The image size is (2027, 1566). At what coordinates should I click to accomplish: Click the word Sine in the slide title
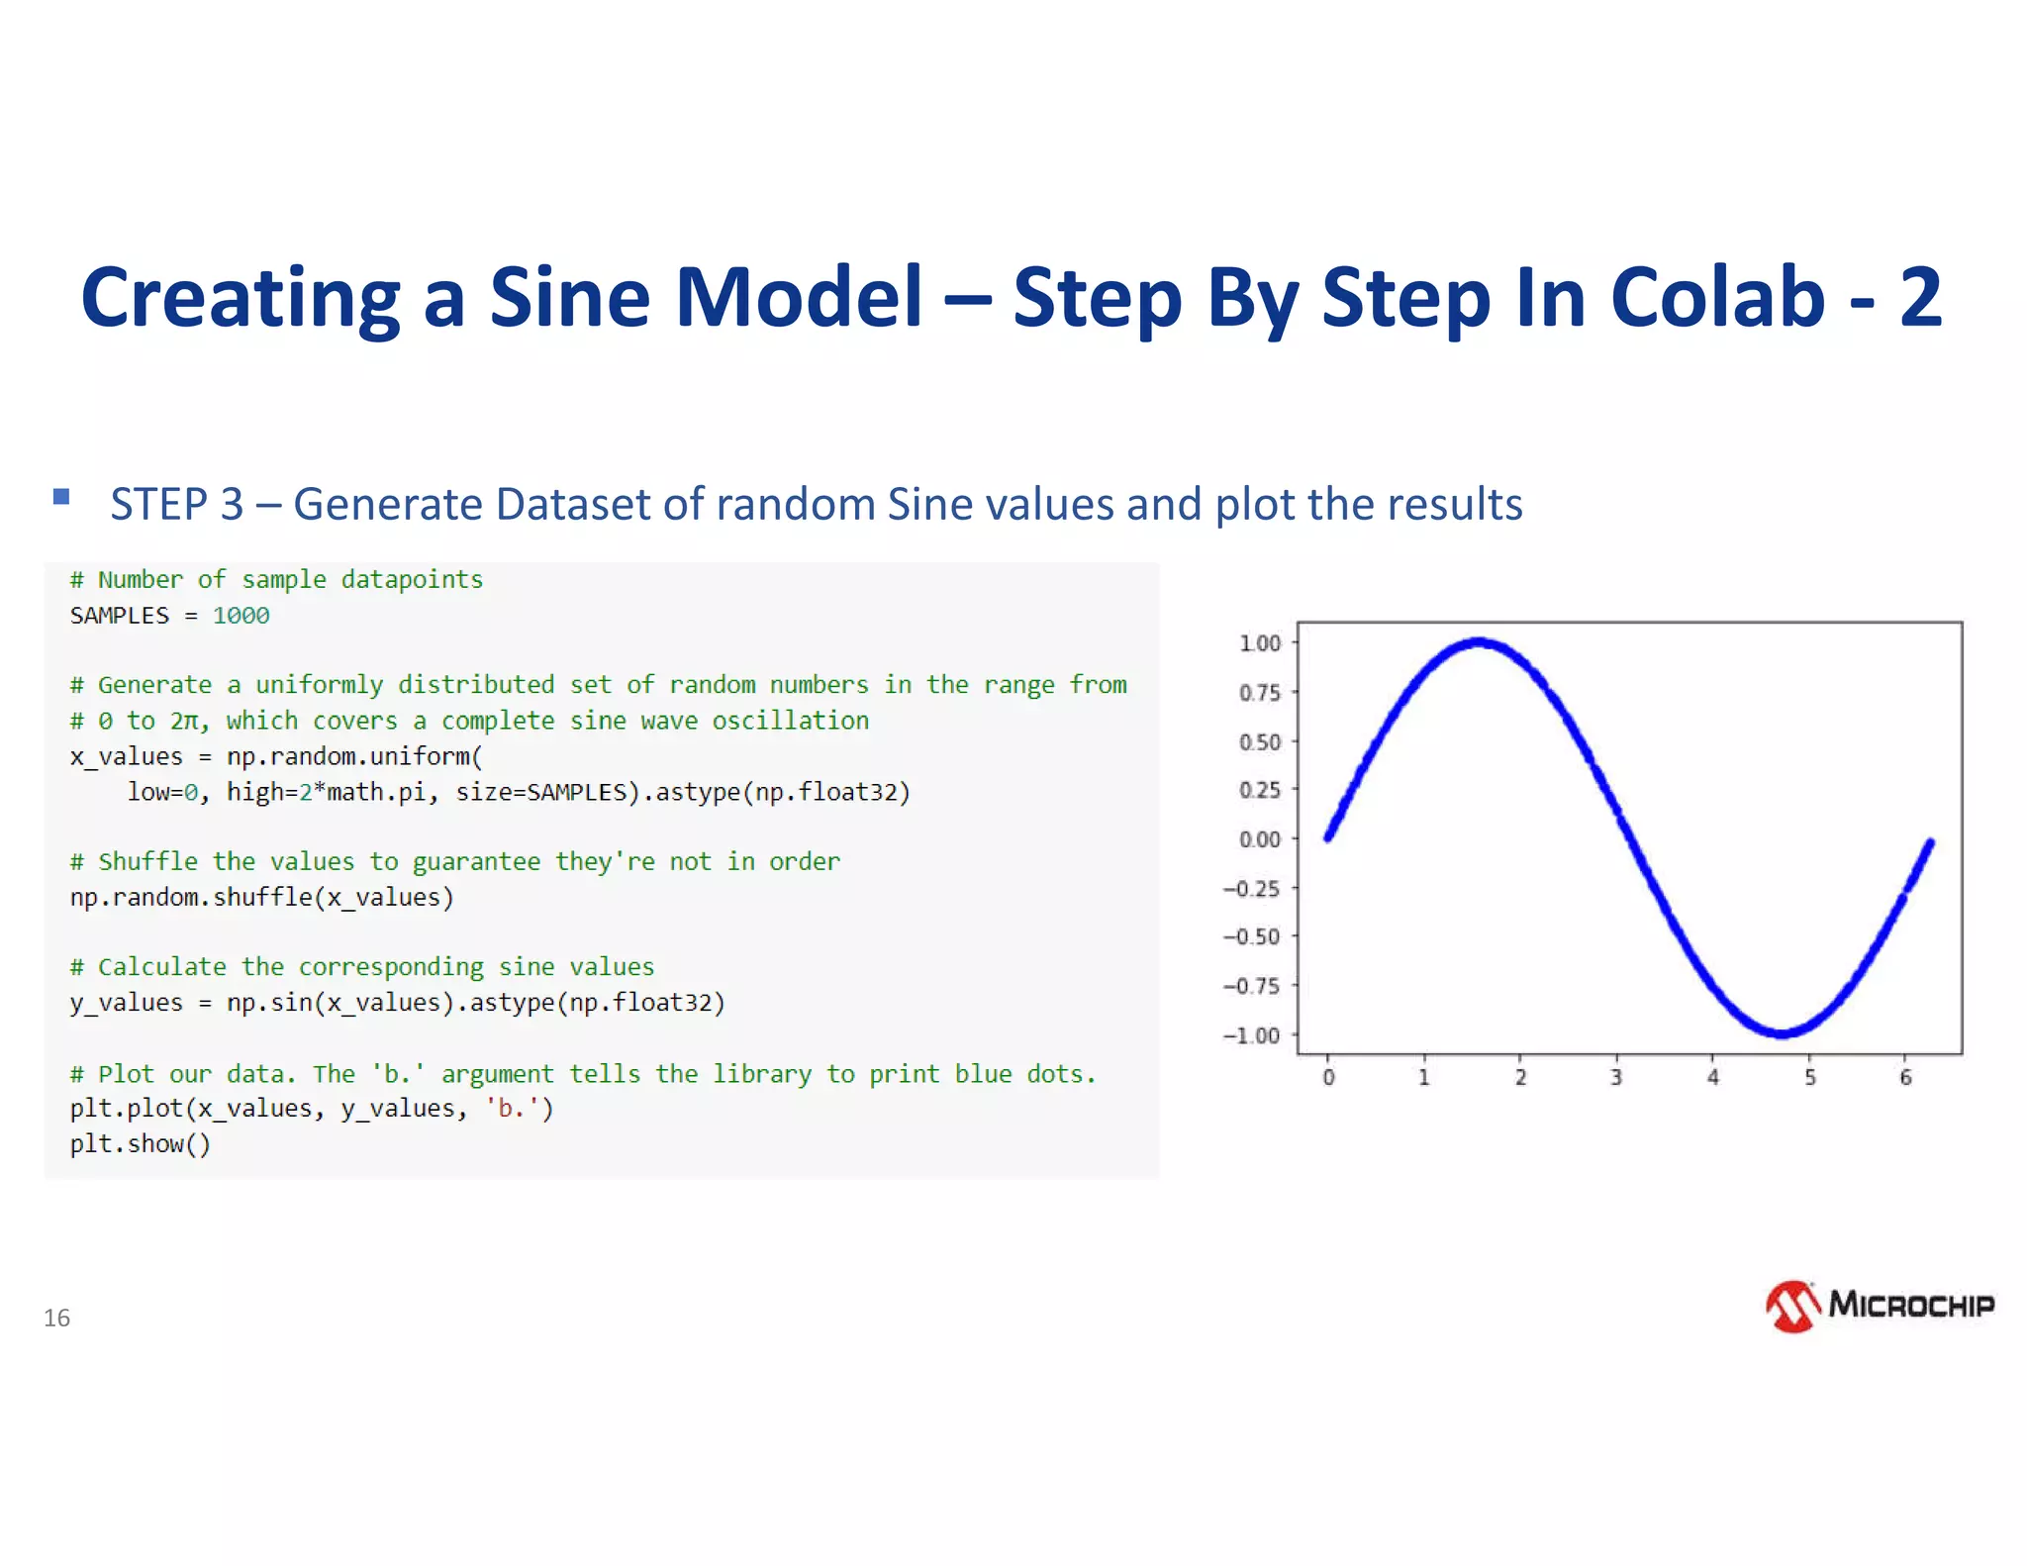point(569,297)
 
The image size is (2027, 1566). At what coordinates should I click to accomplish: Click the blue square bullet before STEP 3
point(61,497)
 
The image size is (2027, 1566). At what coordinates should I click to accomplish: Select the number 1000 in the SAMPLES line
point(241,616)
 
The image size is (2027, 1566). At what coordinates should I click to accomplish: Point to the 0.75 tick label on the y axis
point(1259,693)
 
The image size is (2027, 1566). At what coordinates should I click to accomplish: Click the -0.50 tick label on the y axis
point(1252,936)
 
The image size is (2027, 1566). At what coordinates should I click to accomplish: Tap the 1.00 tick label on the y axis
point(1259,643)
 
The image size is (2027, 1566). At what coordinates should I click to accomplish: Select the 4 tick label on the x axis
point(1712,1077)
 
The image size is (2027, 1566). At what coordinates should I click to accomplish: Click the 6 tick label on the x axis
point(1905,1077)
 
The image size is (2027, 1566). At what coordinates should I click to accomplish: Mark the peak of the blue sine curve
point(1479,642)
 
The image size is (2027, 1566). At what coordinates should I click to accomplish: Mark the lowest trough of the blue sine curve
point(1782,1033)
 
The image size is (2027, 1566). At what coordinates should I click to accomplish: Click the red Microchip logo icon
point(1792,1307)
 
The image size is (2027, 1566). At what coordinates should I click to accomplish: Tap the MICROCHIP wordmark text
point(1911,1305)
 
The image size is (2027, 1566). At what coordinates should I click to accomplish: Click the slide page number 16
point(56,1318)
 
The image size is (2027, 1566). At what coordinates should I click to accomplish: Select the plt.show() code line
point(140,1144)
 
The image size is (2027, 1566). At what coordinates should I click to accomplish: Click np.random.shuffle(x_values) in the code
point(261,897)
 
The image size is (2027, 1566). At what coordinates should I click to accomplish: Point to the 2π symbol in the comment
point(185,721)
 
